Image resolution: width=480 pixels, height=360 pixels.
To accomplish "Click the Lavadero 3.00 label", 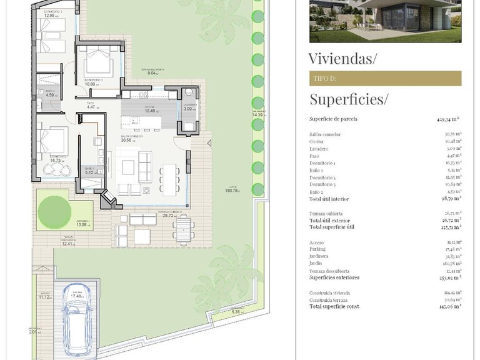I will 189,109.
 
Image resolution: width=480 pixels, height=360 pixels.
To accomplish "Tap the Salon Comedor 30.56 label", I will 132,140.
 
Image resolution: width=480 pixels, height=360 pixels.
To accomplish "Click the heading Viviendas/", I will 343,59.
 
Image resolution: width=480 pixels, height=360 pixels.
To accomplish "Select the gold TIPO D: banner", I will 385,78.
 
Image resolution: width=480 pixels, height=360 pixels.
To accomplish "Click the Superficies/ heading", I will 349,99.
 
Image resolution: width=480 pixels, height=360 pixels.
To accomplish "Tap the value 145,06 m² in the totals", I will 448,306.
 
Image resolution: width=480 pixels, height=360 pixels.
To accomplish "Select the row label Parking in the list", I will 318,249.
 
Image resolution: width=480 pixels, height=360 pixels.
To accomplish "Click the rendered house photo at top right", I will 385,21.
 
